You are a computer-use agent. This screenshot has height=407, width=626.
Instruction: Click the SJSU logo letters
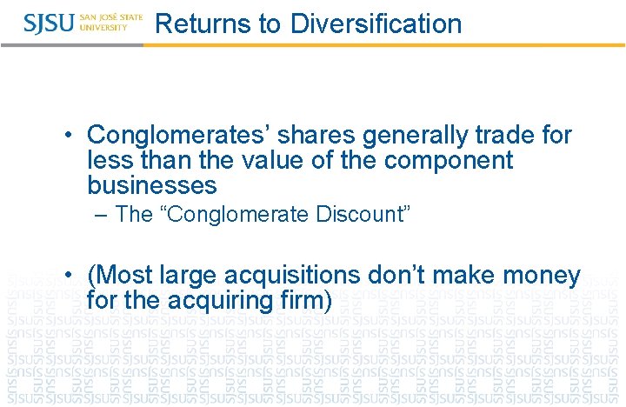(x=49, y=23)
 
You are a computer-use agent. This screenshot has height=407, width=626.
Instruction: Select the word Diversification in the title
(x=376, y=23)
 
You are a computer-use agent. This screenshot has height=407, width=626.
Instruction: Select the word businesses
(x=152, y=186)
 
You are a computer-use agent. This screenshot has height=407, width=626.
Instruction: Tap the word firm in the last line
(x=306, y=302)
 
